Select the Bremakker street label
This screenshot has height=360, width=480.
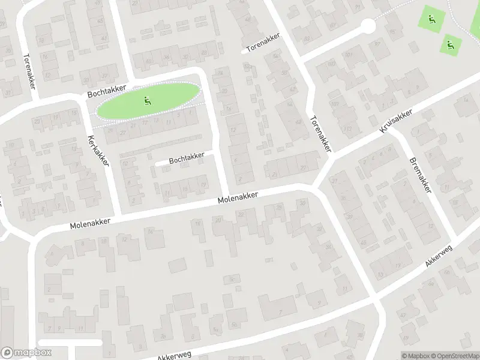coord(420,175)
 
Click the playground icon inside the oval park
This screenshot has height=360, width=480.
coord(147,101)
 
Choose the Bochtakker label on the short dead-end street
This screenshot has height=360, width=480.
coord(187,158)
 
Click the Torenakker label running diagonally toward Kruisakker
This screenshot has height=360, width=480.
coord(320,133)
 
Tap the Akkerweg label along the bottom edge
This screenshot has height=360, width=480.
coord(174,355)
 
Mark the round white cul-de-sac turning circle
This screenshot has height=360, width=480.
coord(368,26)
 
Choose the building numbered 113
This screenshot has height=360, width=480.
coord(349,127)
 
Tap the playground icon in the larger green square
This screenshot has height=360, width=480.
coord(430,19)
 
